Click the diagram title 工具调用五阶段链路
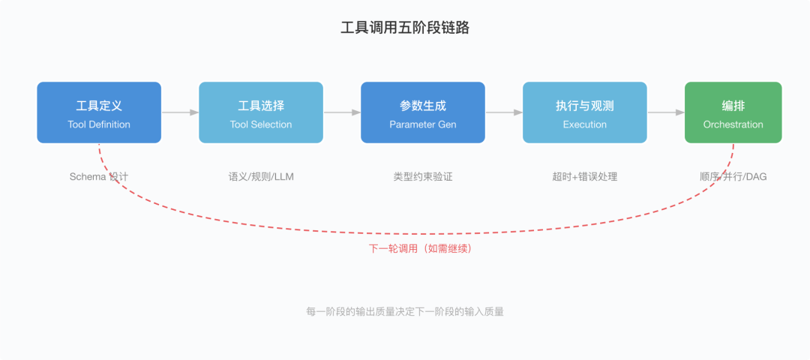point(405,28)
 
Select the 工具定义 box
point(99,112)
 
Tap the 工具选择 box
point(261,112)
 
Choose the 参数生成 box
point(422,112)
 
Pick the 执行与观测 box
point(585,112)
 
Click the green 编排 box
point(733,112)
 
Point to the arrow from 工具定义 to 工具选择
point(180,112)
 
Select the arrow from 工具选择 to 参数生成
point(342,112)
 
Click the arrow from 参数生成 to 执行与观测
point(504,112)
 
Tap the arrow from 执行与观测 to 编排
point(666,112)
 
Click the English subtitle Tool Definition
point(99,124)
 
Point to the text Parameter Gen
point(422,124)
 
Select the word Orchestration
point(733,124)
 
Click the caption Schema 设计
point(99,177)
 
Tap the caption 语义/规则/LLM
point(261,177)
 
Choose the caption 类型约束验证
point(422,177)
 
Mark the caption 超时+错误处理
point(585,177)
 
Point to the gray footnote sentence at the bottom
point(405,311)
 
